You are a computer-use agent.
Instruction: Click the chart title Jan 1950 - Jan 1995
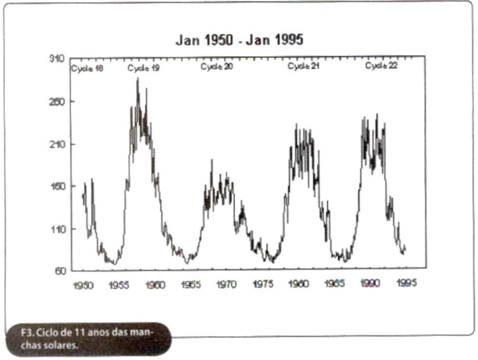(239, 41)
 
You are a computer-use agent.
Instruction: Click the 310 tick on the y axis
(57, 59)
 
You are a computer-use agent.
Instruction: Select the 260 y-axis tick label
(57, 102)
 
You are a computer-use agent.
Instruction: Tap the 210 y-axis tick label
(57, 144)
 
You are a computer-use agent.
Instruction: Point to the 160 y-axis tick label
(57, 186)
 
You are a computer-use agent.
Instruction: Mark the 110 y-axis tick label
(57, 229)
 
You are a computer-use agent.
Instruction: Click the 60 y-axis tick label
(59, 270)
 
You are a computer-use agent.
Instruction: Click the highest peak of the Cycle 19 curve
(137, 79)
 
